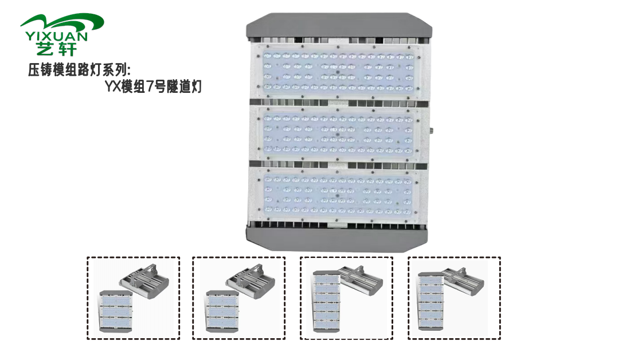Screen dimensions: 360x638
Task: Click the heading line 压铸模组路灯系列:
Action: coord(80,70)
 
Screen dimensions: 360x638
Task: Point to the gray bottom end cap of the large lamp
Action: coord(338,237)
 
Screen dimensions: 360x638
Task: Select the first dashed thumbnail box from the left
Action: coord(133,298)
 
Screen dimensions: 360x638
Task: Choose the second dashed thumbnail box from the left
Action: coord(238,298)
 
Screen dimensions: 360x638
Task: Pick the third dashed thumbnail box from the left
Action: coord(346,298)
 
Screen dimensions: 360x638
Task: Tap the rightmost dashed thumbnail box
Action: coord(454,298)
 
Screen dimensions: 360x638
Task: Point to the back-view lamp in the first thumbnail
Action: coord(144,280)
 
